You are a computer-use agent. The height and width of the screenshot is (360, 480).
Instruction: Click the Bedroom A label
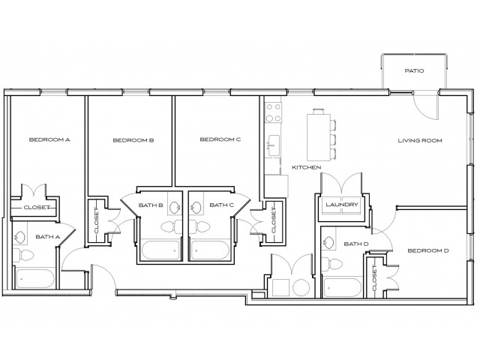[49, 139]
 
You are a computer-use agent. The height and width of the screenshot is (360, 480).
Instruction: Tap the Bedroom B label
[133, 140]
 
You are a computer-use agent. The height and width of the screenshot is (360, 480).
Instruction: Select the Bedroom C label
[220, 139]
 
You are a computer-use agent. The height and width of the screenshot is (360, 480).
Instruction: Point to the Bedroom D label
[428, 250]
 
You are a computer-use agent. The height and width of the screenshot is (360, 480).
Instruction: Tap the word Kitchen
[306, 166]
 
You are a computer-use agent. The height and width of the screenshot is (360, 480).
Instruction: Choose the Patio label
[414, 72]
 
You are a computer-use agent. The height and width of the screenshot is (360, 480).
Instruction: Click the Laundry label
[342, 205]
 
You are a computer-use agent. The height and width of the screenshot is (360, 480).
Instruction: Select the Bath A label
[47, 237]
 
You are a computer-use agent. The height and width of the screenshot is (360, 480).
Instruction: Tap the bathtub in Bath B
[160, 250]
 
